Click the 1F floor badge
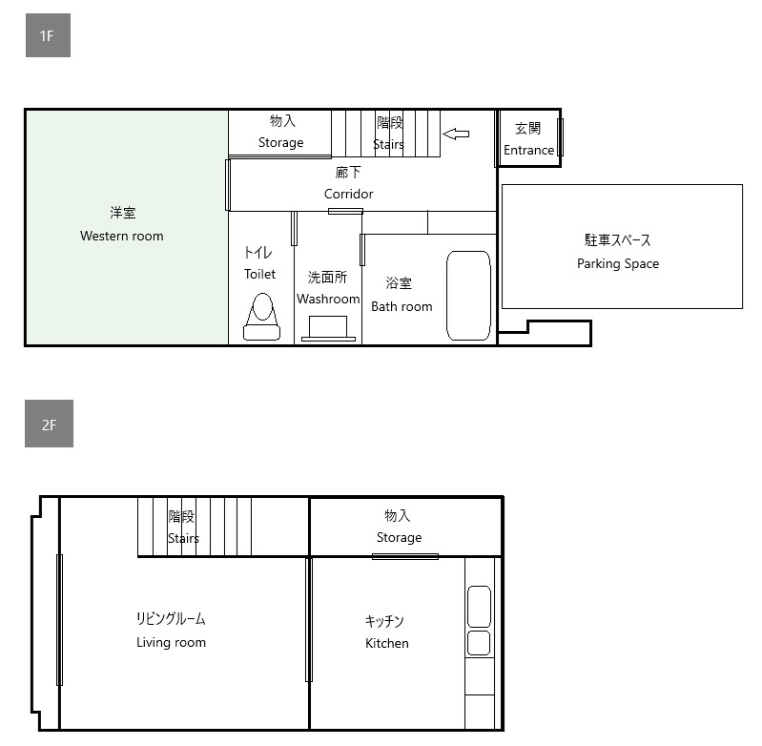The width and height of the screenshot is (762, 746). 48,35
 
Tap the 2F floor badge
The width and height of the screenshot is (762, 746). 49,424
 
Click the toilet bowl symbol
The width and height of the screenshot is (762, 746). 262,317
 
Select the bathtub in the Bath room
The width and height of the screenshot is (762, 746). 468,296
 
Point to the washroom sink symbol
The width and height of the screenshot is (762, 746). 328,328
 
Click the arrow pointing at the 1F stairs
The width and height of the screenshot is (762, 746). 456,134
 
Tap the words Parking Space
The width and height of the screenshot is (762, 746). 618,263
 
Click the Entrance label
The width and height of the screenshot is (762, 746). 528,150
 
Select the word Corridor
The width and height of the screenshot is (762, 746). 348,194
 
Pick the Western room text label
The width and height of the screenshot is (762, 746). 121,236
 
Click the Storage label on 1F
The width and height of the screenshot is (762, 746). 281,142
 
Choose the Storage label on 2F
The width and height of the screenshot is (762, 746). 399,537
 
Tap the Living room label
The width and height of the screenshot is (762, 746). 171,642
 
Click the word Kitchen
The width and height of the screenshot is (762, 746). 387,643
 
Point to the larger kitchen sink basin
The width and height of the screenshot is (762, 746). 479,607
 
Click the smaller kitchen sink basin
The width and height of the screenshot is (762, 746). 479,643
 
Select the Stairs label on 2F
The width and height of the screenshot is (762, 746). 183,538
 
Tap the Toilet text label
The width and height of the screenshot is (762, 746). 259,274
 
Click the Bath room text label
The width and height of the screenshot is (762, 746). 402,306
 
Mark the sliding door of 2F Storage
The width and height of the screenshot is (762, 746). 405,556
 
